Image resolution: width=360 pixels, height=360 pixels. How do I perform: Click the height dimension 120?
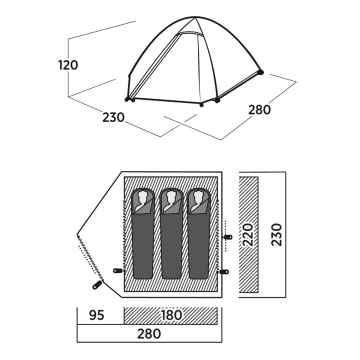point(68,65)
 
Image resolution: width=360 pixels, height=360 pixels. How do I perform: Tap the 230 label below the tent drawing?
point(113,117)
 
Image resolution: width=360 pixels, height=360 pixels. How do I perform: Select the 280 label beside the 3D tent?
point(259,110)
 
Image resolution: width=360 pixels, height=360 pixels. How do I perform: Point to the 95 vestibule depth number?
point(97,315)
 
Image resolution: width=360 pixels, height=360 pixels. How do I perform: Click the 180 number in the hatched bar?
point(171,315)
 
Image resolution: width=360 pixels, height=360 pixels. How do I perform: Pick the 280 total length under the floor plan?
point(149,333)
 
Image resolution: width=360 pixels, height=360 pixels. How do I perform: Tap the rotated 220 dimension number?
point(248,235)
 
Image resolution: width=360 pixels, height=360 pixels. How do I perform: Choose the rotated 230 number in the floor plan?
point(276,235)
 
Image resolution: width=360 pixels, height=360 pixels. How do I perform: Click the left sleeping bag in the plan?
point(143,234)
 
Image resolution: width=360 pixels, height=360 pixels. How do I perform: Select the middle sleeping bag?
point(171,234)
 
